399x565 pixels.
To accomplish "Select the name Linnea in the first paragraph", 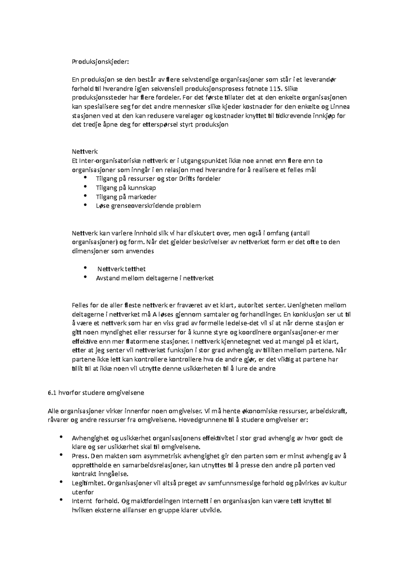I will (339, 107).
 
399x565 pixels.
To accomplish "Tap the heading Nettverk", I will (85, 152).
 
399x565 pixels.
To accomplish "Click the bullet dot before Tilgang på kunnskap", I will (86, 187).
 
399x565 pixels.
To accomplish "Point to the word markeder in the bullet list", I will (142, 197).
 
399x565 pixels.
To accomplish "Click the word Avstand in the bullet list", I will (107, 278).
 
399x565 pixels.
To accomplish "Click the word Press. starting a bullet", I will (79, 456).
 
